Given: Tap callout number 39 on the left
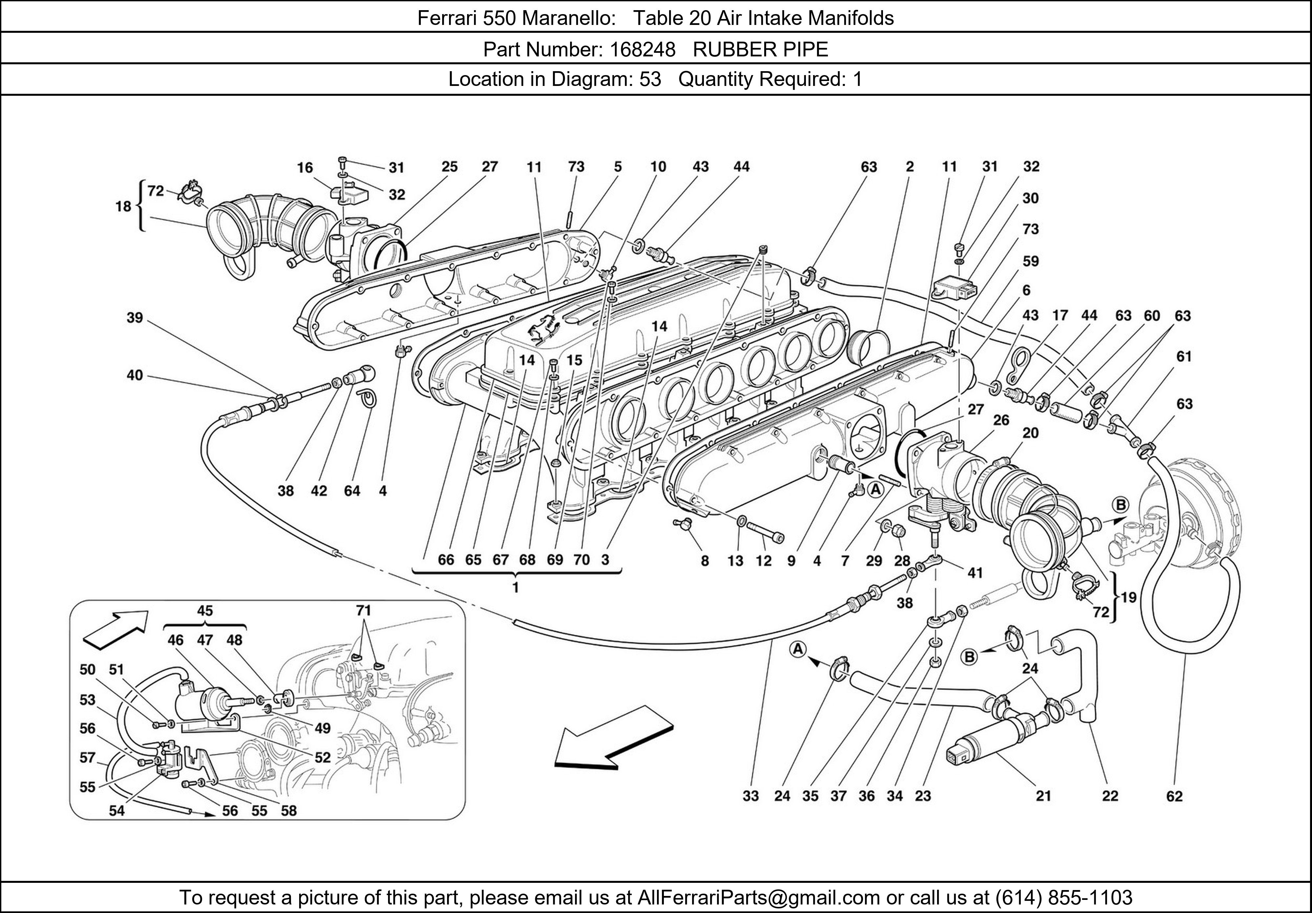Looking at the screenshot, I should pos(135,318).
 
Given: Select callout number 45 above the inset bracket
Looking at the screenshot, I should pos(205,611).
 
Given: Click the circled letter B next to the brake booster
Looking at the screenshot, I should pos(1120,505).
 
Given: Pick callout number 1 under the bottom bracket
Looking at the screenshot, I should pos(515,587).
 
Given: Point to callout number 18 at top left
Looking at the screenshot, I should pos(123,206).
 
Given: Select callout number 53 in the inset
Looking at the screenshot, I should pos(88,700).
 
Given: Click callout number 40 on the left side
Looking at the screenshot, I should pos(135,376).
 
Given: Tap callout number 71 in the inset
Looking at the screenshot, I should pos(363,611).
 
